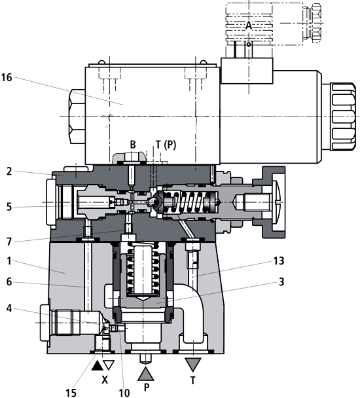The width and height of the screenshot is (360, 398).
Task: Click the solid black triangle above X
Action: pyautogui.click(x=96, y=364)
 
